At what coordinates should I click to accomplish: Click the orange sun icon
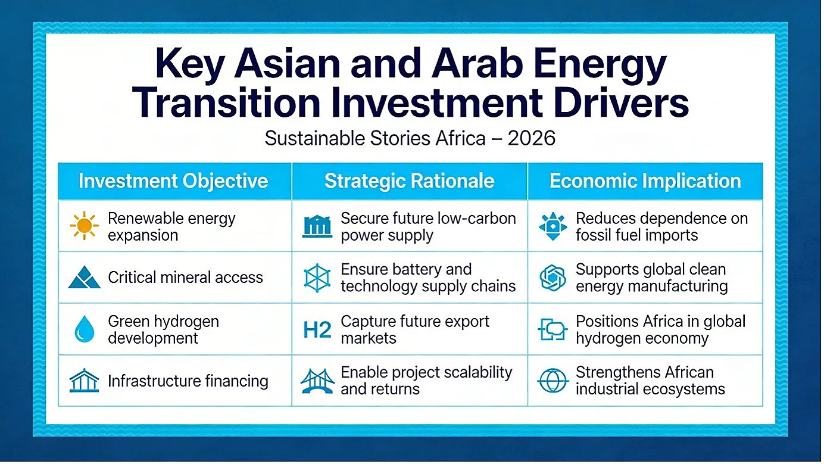(84, 226)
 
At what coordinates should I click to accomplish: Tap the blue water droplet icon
(84, 329)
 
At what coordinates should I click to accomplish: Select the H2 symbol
(317, 329)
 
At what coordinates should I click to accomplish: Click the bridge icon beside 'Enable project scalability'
(317, 381)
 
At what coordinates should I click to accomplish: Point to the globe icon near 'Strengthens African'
(553, 381)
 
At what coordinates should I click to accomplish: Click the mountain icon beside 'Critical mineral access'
(84, 277)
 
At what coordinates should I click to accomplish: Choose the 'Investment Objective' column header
(173, 181)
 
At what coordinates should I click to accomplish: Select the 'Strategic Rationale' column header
(409, 181)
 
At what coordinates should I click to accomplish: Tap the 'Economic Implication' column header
(645, 181)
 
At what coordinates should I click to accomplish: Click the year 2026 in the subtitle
(531, 139)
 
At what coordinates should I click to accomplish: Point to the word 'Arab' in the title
(477, 64)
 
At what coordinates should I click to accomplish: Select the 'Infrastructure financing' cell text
(188, 381)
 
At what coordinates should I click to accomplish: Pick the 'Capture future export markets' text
(415, 330)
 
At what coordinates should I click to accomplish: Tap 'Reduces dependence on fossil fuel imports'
(662, 227)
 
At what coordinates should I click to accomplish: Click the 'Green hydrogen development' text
(163, 330)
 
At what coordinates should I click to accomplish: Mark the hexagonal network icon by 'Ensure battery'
(317, 278)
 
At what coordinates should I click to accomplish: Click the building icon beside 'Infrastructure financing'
(84, 381)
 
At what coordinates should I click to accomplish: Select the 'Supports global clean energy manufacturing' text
(651, 278)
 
